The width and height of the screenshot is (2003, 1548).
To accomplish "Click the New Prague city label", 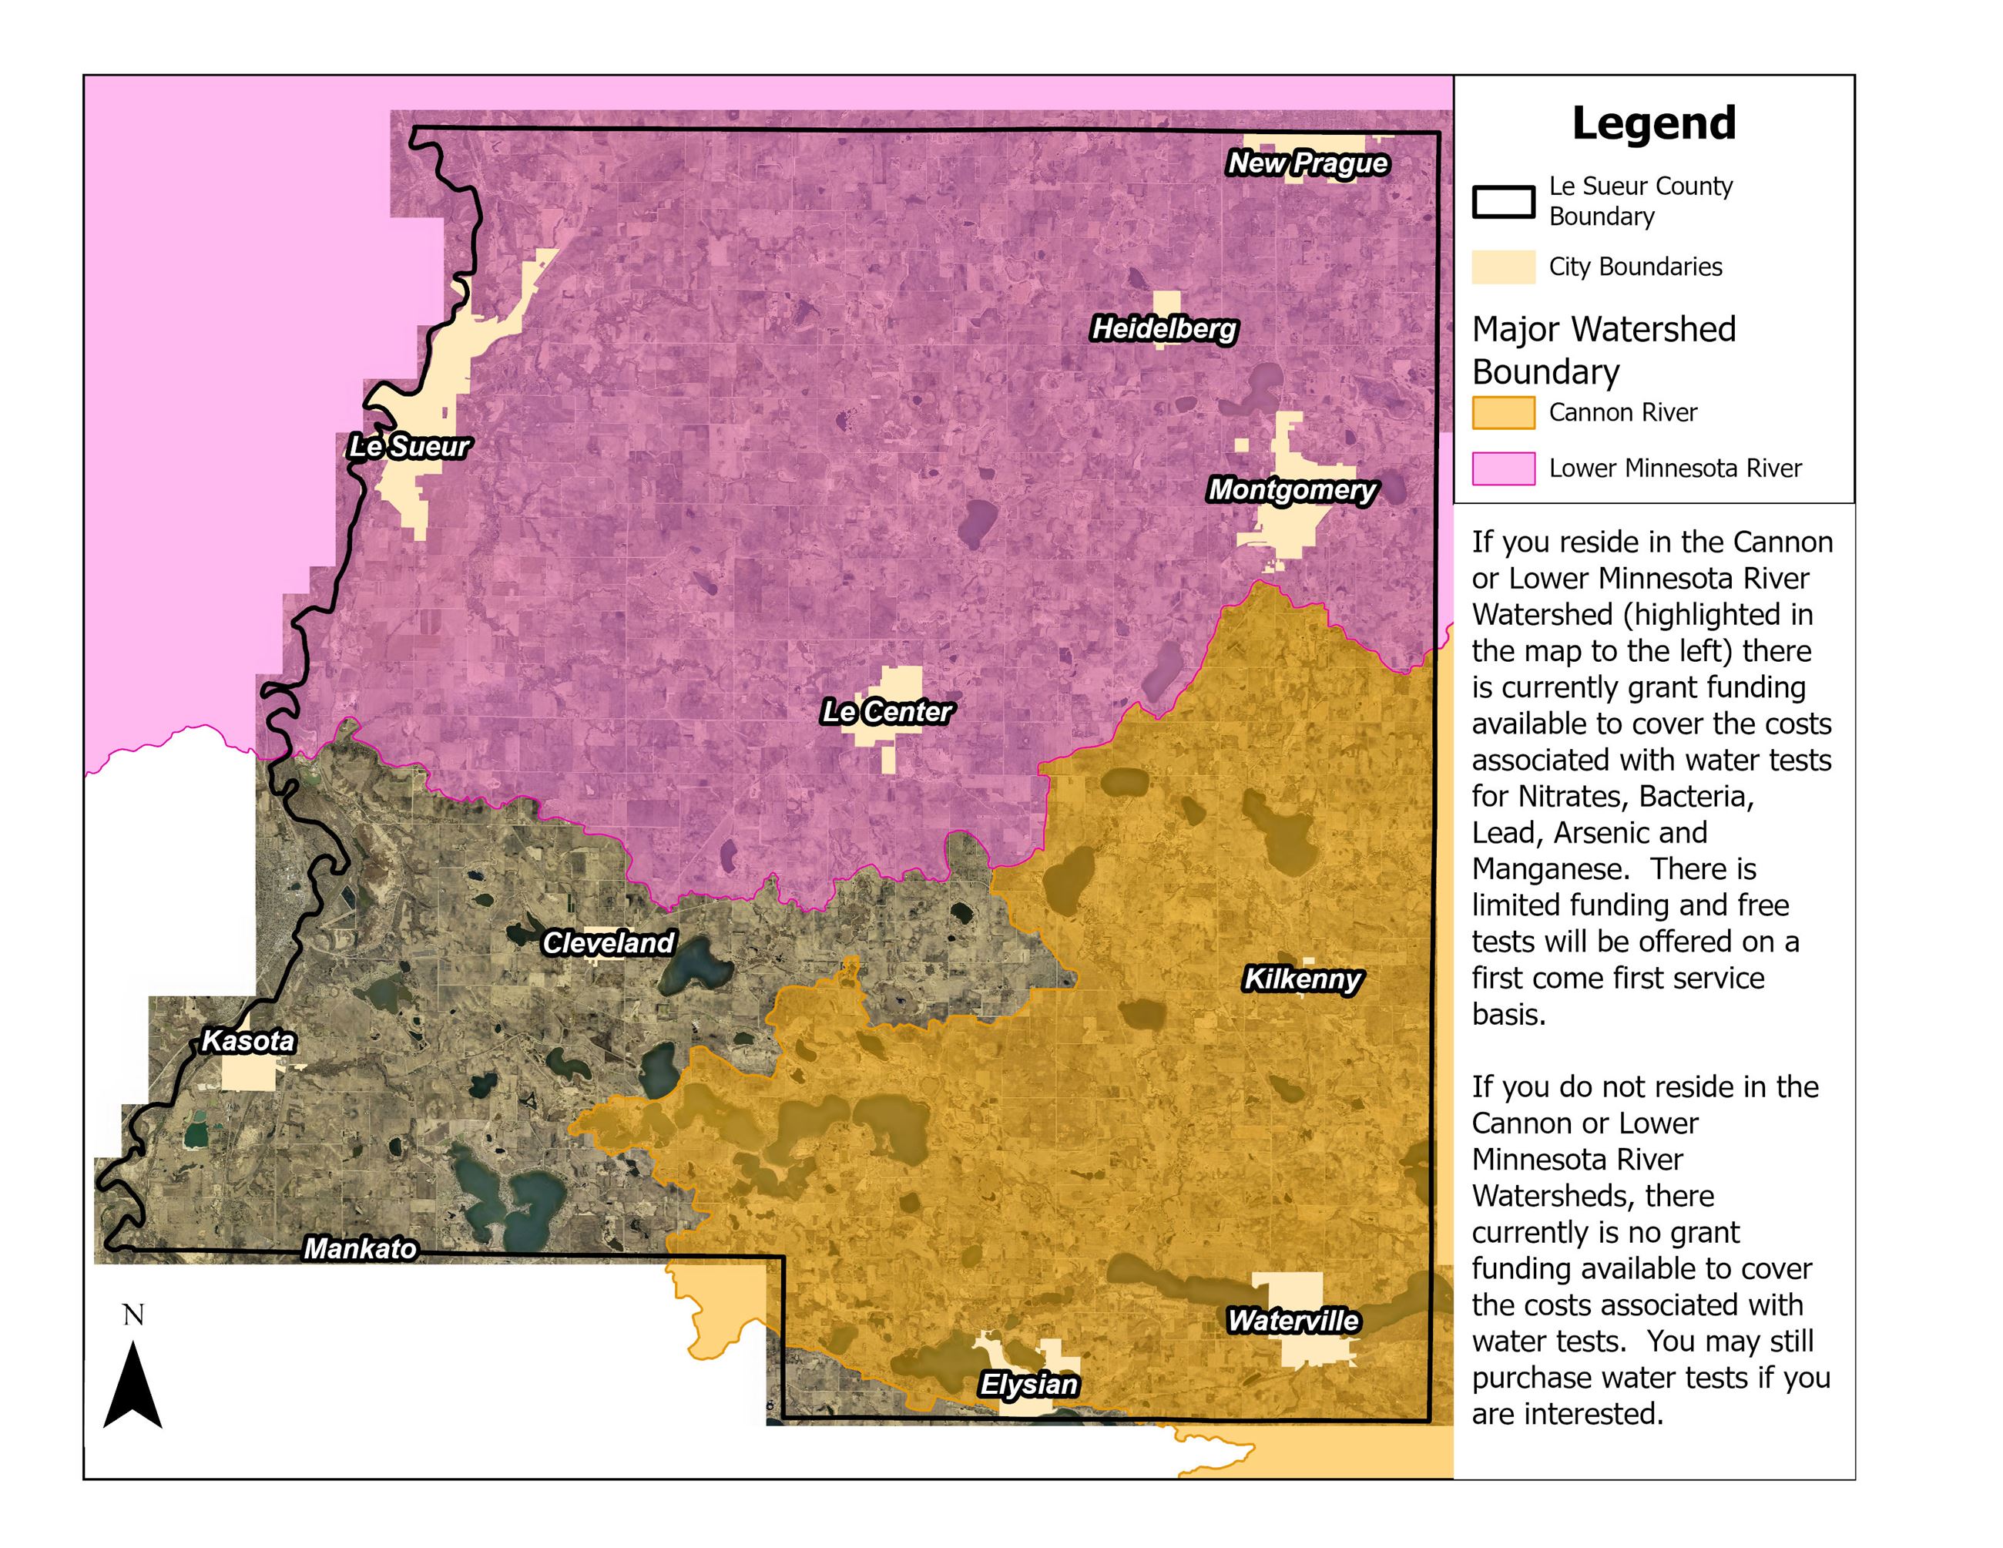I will [1308, 163].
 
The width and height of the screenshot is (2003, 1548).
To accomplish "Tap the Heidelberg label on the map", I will [1164, 328].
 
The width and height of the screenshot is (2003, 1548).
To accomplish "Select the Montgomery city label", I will [1292, 490].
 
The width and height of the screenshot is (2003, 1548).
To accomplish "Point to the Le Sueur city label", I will [409, 447].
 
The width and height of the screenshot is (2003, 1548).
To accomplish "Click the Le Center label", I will [887, 712].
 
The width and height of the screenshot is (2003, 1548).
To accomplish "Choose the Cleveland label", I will [608, 942].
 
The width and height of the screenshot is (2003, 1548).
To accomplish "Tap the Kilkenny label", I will [1302, 979].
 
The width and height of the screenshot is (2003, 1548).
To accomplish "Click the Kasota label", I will [247, 1041].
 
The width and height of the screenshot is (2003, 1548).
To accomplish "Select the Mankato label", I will [360, 1249].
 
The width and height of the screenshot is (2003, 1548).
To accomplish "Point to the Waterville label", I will [1293, 1321].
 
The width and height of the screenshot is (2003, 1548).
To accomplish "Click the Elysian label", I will [1029, 1384].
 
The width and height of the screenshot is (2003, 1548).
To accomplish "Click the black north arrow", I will [133, 1388].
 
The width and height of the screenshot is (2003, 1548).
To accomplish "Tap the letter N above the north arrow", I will [133, 1315].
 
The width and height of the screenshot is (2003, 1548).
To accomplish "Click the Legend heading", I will [1653, 123].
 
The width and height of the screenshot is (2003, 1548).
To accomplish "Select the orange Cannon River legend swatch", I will [1503, 413].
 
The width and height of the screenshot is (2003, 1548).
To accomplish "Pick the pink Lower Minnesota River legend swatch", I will [1503, 468].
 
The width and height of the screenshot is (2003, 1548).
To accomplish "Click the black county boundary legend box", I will [1503, 202].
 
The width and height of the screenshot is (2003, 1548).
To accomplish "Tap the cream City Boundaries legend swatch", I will [1503, 267].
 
